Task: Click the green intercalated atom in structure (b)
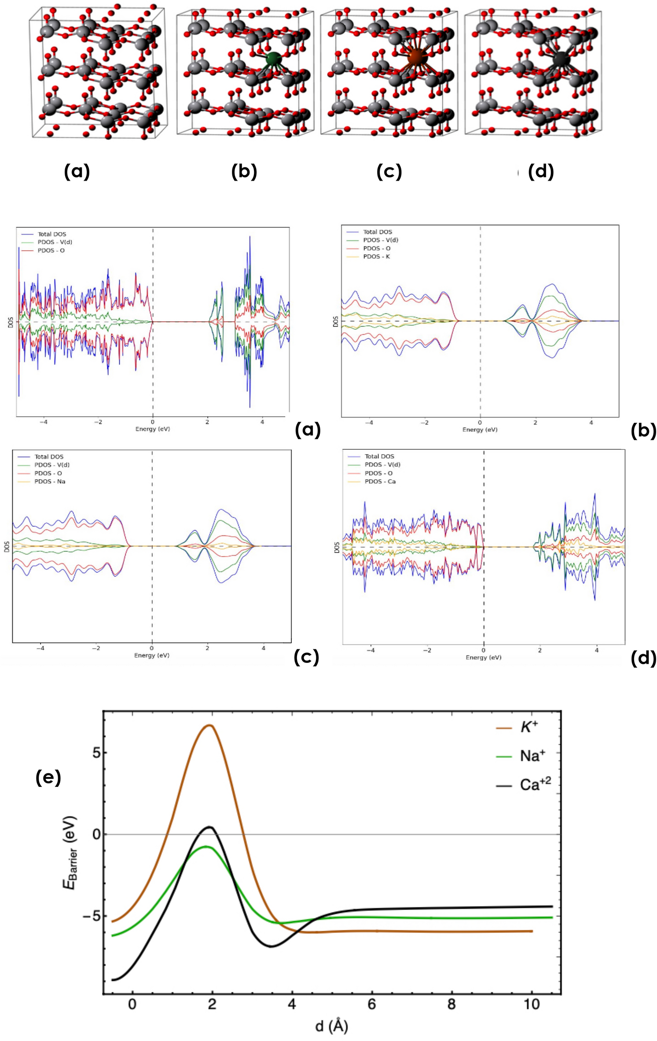click(x=273, y=58)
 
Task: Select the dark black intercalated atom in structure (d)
click(x=561, y=58)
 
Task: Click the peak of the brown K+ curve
click(x=210, y=725)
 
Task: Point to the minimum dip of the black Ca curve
click(x=271, y=946)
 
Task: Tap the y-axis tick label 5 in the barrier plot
click(x=96, y=753)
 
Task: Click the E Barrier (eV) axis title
click(x=70, y=852)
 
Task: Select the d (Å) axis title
click(x=332, y=1026)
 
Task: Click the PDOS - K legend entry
click(x=376, y=256)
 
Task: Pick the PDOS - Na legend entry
click(x=50, y=481)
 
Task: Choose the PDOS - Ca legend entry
click(x=380, y=481)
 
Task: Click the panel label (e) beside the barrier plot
click(x=48, y=778)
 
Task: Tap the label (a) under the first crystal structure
click(x=77, y=171)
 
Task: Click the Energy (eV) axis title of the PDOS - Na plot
click(x=152, y=655)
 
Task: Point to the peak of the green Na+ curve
click(x=206, y=846)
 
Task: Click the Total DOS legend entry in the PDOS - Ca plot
click(x=379, y=456)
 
